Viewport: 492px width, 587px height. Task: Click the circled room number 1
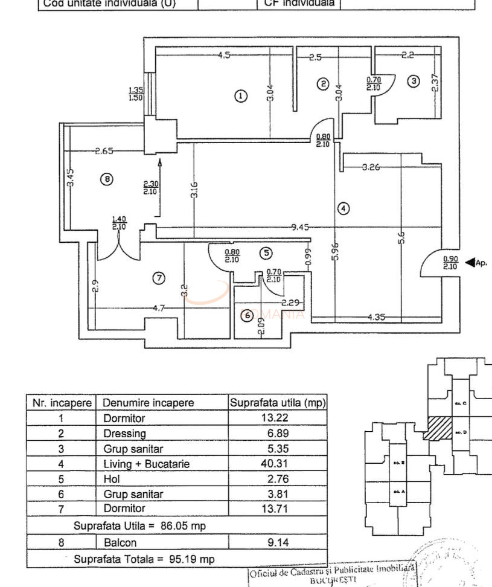point(240,96)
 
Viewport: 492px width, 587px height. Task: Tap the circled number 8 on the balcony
point(106,179)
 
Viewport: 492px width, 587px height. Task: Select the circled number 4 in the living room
point(343,209)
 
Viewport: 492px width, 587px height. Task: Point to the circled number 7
point(158,278)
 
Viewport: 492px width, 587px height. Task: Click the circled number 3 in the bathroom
point(413,81)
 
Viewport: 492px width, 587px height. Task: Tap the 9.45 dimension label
point(300,228)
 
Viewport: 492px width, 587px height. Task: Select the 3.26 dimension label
point(371,167)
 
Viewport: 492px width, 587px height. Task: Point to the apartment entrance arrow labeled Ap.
point(476,263)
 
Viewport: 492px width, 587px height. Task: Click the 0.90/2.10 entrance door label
point(450,263)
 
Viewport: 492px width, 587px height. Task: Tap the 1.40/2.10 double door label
point(118,223)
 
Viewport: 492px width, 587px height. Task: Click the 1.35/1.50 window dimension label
point(136,94)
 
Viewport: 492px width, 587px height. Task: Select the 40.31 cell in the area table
point(278,464)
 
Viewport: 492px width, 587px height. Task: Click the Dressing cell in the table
point(124,434)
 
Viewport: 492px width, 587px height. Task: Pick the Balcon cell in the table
point(120,542)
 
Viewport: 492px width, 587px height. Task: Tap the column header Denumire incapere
point(149,403)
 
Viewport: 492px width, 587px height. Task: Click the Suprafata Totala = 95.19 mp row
point(144,559)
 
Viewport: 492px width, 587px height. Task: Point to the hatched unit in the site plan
point(438,428)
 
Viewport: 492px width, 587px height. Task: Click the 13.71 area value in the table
point(278,509)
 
